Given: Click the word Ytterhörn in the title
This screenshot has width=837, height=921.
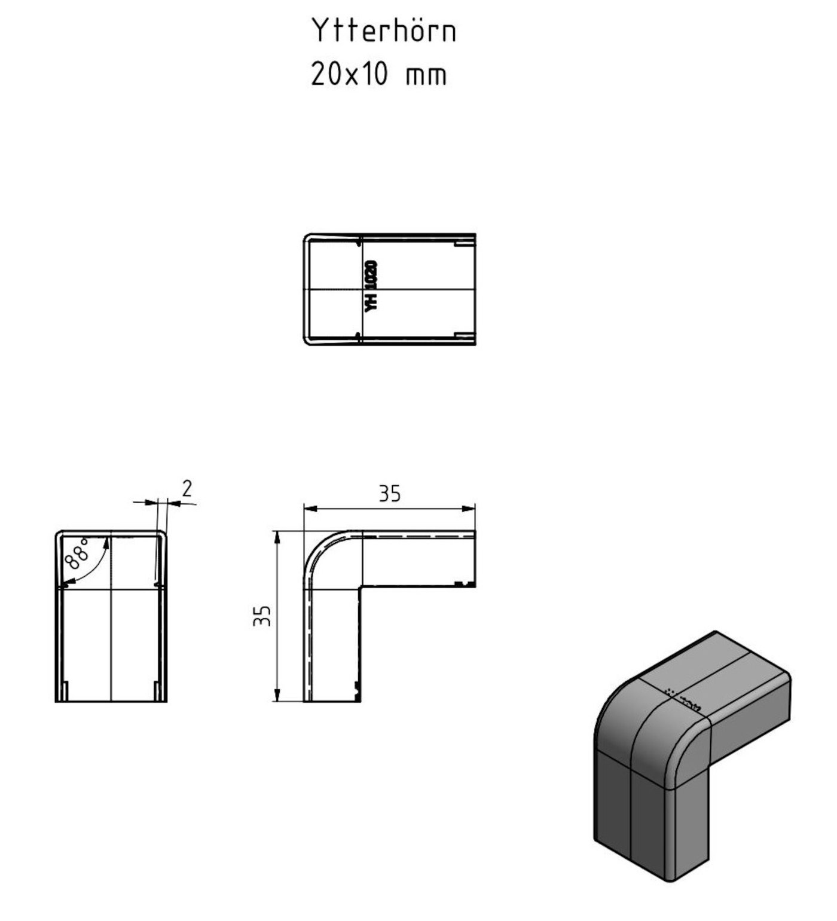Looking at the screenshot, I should click(383, 30).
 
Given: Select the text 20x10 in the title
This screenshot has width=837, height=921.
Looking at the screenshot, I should click(350, 75).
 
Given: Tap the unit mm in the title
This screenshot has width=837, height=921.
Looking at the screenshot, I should click(426, 76).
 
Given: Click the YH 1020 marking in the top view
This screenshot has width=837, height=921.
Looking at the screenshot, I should click(371, 285).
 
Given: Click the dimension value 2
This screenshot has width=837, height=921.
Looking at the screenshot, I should click(187, 489).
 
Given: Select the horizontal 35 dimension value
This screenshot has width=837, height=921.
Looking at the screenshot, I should click(389, 494).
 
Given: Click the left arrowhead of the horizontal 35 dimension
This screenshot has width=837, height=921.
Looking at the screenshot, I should click(308, 509).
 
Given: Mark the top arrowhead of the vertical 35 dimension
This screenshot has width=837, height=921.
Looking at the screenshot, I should click(277, 536).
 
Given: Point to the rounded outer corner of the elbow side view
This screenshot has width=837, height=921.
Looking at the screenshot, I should click(317, 545).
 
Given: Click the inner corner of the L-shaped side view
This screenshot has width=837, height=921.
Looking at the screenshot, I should click(361, 586).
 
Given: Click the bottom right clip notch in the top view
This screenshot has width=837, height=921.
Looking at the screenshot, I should click(464, 336).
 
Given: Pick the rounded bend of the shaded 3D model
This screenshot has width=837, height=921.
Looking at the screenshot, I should click(634, 717).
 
